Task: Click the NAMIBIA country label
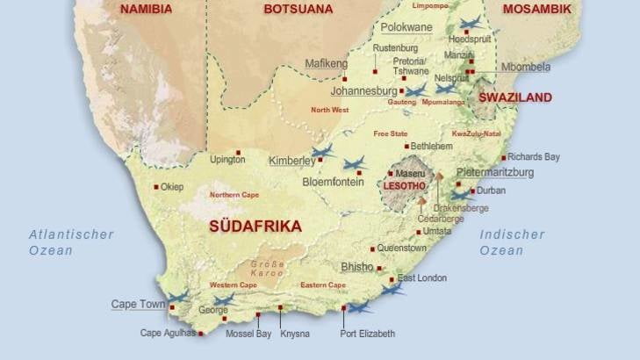coord(146,10)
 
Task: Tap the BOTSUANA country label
coord(298,10)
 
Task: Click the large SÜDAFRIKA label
coord(255,227)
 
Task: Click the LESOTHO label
coord(405,187)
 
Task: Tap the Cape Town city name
coord(138,305)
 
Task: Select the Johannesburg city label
coord(363,90)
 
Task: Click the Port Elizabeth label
coord(367,334)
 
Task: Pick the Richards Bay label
coord(533,157)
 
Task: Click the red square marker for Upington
coord(238,152)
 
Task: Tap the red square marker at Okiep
coord(156,186)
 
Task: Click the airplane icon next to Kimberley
coord(323,152)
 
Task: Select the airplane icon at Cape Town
coord(178,297)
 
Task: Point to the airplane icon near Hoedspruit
coord(471,24)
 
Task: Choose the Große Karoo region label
coord(267,268)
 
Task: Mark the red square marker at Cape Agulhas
coord(200,334)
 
